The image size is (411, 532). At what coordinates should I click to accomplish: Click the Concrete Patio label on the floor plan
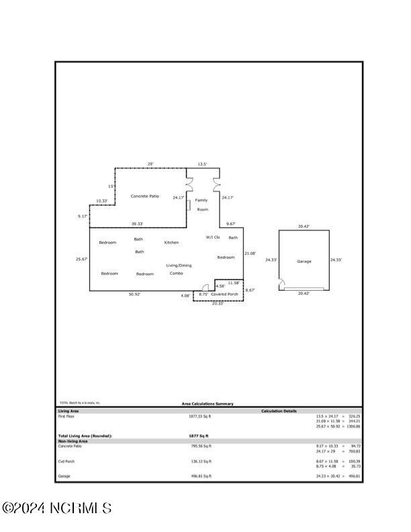coord(144,196)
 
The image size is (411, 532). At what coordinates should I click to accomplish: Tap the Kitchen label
coord(171,242)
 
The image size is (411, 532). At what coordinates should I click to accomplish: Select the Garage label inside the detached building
coord(304,261)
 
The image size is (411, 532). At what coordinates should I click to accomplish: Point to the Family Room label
coord(201,205)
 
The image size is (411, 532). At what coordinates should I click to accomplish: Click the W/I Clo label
coord(213,237)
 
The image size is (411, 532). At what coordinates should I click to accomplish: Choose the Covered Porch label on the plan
coord(224,294)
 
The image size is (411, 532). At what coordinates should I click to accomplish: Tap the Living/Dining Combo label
coord(179,269)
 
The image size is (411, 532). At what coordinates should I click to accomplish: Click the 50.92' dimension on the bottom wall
coord(135,294)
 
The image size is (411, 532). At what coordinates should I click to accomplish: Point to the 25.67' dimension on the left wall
coord(82,259)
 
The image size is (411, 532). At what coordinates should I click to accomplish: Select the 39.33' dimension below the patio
coord(137,224)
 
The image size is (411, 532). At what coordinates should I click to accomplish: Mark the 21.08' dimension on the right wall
coord(250,253)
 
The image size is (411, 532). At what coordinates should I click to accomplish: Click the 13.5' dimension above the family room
coord(201,164)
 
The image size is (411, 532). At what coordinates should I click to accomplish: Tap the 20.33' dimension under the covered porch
coord(218,304)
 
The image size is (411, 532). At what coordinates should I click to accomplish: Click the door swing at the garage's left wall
coord(282,284)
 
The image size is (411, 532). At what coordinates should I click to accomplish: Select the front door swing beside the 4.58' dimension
coord(205,287)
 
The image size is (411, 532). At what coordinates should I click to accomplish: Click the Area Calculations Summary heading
coord(208,404)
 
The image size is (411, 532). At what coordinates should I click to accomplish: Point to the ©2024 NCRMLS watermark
coord(56,508)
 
